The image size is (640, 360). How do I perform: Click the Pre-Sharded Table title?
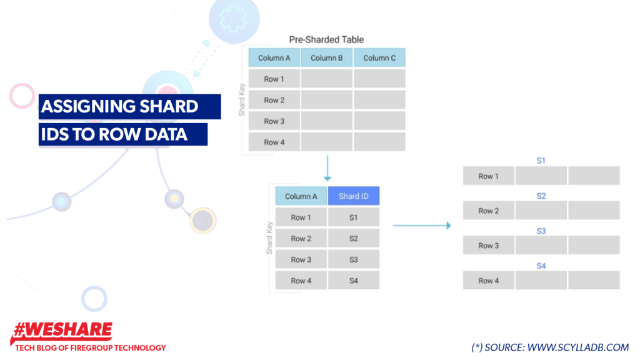(x=326, y=39)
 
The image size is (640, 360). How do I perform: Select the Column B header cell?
(x=327, y=58)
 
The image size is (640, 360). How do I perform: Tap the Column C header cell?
(x=379, y=58)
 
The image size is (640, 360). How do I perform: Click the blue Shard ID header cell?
(x=354, y=196)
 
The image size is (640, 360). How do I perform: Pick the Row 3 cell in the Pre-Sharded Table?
(x=274, y=121)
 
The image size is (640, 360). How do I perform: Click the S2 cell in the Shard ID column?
(x=354, y=238)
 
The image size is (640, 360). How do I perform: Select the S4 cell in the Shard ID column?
(x=354, y=281)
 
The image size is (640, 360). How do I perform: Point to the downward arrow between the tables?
(x=327, y=168)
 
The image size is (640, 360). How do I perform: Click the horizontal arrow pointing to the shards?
(x=422, y=226)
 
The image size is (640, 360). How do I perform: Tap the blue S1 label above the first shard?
(x=541, y=161)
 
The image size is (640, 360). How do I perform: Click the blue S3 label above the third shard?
(x=541, y=231)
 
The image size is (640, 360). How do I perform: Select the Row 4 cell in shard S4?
(x=489, y=281)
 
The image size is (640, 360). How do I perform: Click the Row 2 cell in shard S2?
(x=489, y=211)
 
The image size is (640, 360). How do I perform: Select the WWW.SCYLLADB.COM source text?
(x=577, y=347)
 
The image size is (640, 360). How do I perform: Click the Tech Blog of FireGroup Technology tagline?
(x=90, y=347)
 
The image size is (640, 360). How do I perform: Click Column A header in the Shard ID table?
(x=301, y=196)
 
